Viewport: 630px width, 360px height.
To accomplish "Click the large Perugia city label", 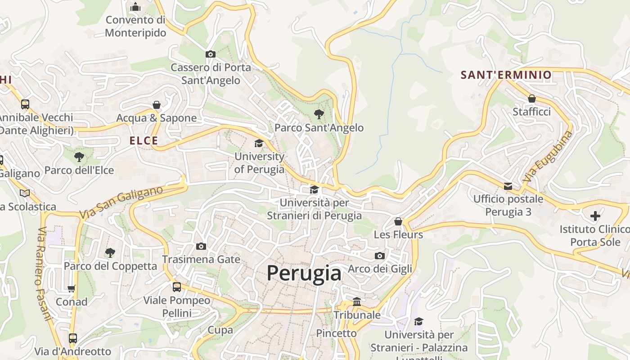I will pyautogui.click(x=304, y=273).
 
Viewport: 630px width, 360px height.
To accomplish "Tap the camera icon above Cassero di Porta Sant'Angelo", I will pyautogui.click(x=210, y=54).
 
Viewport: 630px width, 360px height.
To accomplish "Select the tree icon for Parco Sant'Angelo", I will pyautogui.click(x=319, y=114).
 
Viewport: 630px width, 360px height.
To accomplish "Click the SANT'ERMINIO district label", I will pyautogui.click(x=506, y=75).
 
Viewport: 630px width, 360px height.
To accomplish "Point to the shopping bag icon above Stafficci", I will pyautogui.click(x=531, y=99).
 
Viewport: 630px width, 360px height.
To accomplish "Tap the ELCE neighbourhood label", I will pyautogui.click(x=144, y=141).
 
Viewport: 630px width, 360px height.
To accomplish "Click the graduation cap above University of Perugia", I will pyautogui.click(x=259, y=144).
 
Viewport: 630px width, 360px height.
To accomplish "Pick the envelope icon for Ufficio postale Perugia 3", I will pyautogui.click(x=508, y=186).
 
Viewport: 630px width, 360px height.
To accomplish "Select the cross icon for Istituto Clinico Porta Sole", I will pyautogui.click(x=595, y=216).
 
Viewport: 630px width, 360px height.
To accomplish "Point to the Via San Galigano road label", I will pyautogui.click(x=121, y=203).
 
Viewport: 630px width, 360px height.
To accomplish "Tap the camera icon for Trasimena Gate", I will pyautogui.click(x=201, y=246).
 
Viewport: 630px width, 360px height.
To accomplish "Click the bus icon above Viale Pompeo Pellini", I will pyautogui.click(x=177, y=287).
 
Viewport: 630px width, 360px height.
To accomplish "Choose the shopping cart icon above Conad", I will pyautogui.click(x=72, y=288).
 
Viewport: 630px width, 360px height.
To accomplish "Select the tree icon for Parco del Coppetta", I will pyautogui.click(x=110, y=253).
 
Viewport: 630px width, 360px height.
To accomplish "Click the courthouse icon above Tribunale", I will pyautogui.click(x=357, y=301).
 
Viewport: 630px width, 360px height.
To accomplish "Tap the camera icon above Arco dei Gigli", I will pyautogui.click(x=380, y=256).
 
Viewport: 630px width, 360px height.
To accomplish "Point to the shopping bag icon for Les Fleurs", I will pyautogui.click(x=398, y=221).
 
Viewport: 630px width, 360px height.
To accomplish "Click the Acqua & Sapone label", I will pyautogui.click(x=157, y=118).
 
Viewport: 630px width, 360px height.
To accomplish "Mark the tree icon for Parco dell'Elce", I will pyautogui.click(x=79, y=157).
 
